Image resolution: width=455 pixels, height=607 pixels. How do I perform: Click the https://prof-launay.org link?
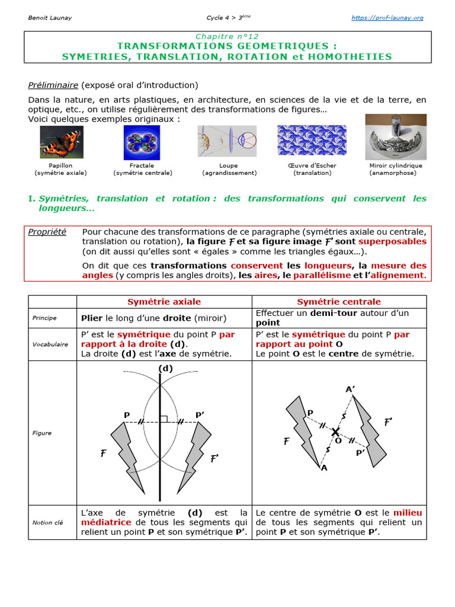coord(387,18)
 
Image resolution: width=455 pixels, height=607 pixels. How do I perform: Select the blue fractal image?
coord(142,143)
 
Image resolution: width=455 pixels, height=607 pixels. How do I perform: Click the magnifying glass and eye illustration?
coord(227,141)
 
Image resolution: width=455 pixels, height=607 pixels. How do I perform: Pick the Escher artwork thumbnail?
coord(312,140)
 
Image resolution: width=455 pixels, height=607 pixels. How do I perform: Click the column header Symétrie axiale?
coord(164,302)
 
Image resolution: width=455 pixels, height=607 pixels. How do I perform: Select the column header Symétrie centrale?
coord(339,302)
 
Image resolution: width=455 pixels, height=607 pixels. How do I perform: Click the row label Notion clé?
coord(47,522)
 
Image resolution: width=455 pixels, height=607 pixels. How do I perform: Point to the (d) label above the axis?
coord(165,368)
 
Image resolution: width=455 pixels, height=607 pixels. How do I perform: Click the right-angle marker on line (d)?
coord(164,419)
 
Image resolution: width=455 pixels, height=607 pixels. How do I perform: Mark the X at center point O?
coord(336,432)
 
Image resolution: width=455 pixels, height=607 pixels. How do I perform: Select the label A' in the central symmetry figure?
coord(350,389)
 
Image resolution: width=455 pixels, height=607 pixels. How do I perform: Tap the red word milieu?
coord(408,513)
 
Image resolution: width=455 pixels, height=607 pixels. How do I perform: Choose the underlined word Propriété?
coord(47,232)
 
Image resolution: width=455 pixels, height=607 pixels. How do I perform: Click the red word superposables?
coord(392,242)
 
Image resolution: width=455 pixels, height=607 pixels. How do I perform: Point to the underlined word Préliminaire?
coord(53,85)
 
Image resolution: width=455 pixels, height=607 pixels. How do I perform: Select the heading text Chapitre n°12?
coord(227,37)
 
